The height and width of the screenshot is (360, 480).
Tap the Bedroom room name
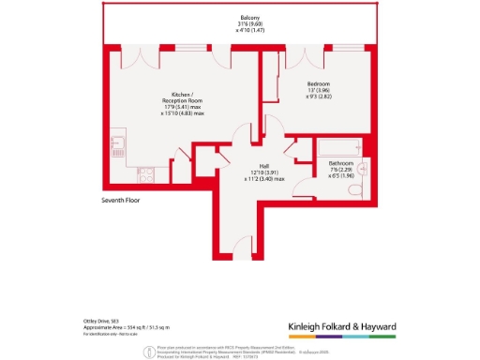pos(318,83)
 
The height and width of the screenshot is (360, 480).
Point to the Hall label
pos(252,165)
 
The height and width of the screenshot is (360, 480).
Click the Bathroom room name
pos(339,161)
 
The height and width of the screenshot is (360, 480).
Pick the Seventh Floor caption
pos(122,201)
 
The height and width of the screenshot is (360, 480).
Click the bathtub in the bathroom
pos(338,146)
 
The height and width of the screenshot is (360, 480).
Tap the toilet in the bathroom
pos(354,190)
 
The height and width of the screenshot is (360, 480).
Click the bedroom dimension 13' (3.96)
pos(318,90)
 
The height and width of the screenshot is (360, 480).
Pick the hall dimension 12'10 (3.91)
pos(252,172)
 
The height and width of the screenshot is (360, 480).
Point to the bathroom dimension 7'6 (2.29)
pos(339,168)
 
